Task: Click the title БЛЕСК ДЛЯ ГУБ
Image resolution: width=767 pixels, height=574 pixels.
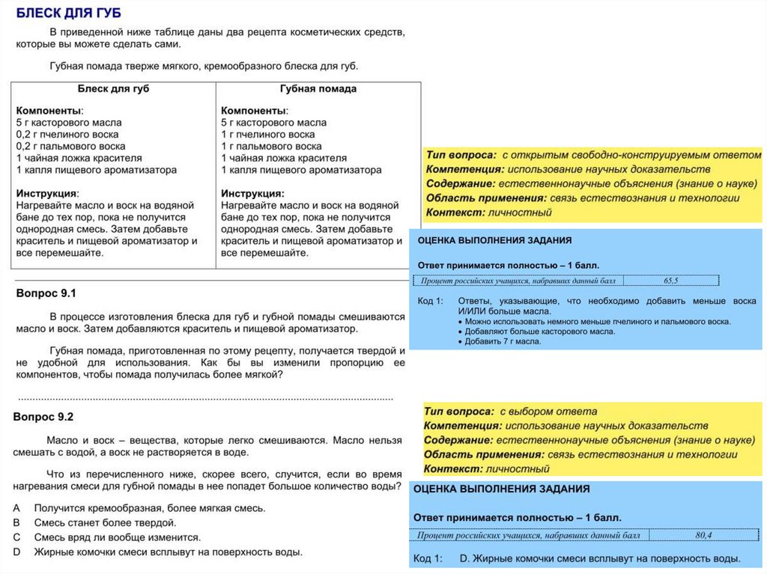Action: [68, 13]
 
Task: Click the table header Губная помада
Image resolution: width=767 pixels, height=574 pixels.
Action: [318, 88]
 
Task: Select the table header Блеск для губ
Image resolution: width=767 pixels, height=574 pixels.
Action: [114, 88]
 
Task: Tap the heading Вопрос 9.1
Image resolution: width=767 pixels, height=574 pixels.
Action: [46, 293]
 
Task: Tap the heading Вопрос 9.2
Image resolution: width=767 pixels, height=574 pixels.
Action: [44, 416]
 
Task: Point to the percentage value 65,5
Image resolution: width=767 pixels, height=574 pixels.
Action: [670, 281]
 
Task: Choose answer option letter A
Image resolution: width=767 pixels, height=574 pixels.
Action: [16, 507]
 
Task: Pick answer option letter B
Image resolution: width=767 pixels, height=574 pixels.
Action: [16, 522]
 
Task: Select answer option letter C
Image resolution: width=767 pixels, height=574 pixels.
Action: [16, 537]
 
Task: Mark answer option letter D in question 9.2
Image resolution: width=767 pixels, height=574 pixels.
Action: [16, 552]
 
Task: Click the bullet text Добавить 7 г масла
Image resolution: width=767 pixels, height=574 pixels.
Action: [503, 341]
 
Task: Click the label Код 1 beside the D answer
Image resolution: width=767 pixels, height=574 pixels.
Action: [428, 558]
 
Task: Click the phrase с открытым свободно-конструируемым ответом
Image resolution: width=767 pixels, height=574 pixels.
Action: [631, 154]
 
